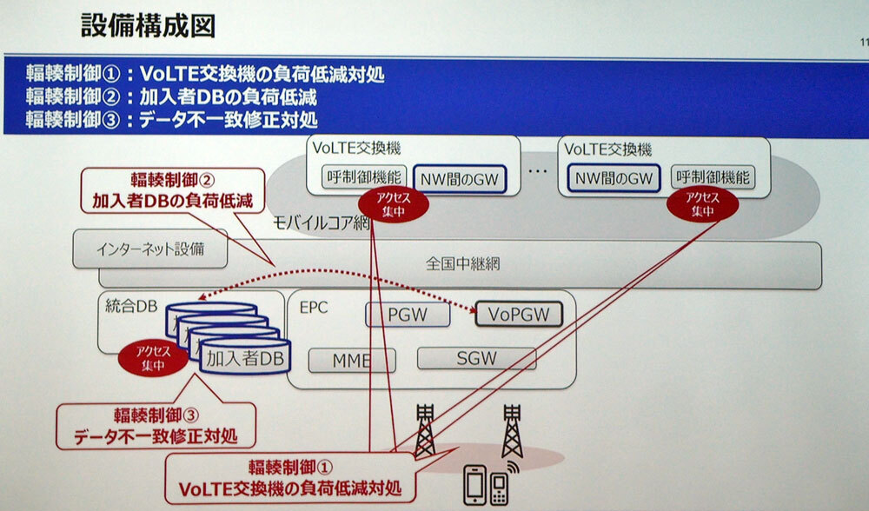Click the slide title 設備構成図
(x=148, y=26)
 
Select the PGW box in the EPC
(x=408, y=315)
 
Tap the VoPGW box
(x=519, y=315)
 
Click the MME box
(x=352, y=361)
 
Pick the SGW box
(x=476, y=358)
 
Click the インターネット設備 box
(x=150, y=249)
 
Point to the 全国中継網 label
(x=463, y=263)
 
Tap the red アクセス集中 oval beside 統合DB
(x=153, y=358)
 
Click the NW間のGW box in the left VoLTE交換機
(x=460, y=179)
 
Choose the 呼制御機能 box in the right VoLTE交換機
(x=713, y=177)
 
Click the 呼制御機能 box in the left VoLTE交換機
(x=364, y=177)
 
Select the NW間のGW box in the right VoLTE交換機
(x=614, y=178)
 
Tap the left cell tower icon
(x=425, y=431)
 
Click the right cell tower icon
(x=512, y=431)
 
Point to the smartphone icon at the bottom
(x=476, y=485)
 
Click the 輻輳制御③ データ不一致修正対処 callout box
(x=156, y=426)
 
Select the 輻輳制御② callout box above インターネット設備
(x=172, y=190)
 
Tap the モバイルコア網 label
(x=322, y=222)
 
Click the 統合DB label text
(x=131, y=305)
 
